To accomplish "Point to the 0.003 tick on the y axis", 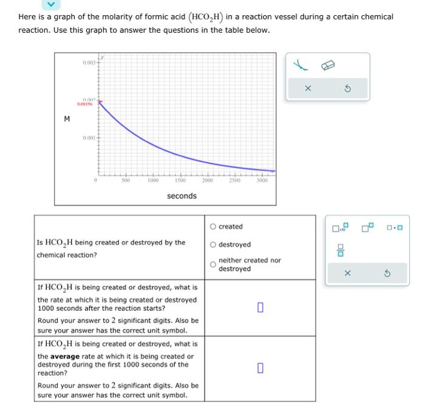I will (89, 63).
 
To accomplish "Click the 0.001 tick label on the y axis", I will (89, 139).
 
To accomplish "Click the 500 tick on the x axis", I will (125, 180).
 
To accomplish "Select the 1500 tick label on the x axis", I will (180, 180).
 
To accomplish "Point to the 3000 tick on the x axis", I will (262, 180).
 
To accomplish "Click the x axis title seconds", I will (182, 196).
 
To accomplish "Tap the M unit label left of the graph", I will (66, 118).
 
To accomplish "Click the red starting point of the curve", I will (99, 102).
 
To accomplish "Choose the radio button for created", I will (213, 227).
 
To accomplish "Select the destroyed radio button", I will (213, 244).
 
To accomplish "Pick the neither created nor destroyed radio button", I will (213, 264).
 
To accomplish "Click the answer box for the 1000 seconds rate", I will (260, 308).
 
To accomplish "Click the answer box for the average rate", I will (260, 367).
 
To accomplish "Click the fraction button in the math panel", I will (341, 249).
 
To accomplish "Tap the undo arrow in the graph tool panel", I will (348, 87).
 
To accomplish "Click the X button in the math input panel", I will (347, 273).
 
